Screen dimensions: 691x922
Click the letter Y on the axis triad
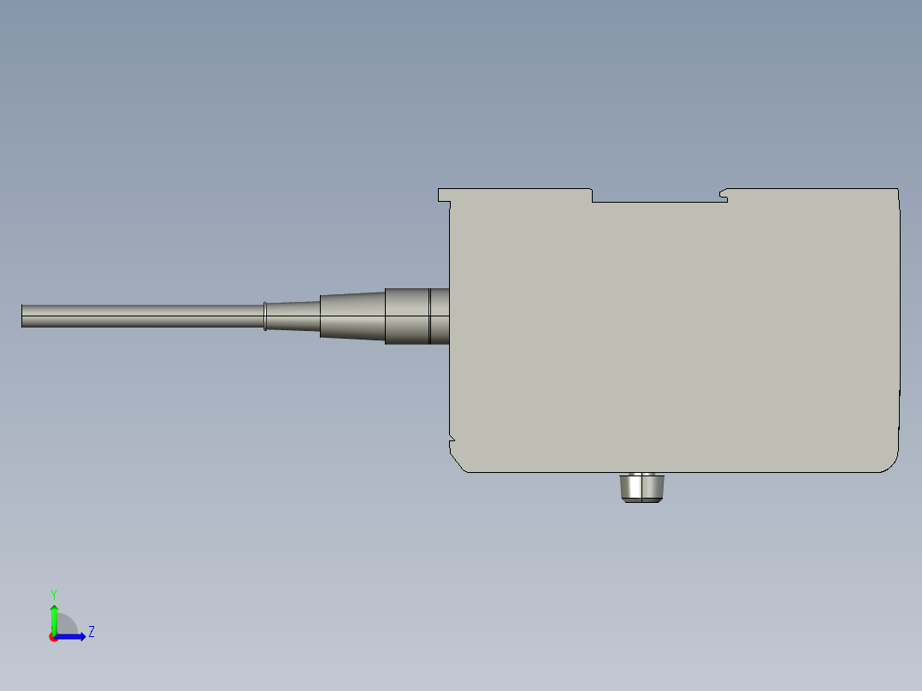tap(53, 593)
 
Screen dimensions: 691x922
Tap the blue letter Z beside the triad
tap(91, 632)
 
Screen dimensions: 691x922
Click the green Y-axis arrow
tap(54, 615)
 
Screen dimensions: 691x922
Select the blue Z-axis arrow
tap(74, 636)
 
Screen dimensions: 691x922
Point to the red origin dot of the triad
tap(53, 637)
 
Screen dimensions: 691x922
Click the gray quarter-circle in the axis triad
tap(67, 625)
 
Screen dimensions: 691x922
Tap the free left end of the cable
tap(24, 316)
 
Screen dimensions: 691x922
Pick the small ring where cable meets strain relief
tap(265, 316)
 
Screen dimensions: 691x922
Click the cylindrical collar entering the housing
tap(406, 316)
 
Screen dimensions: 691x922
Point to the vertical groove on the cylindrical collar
tap(428, 316)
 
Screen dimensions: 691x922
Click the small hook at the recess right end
tap(724, 195)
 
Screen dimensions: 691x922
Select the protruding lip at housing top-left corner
tap(444, 196)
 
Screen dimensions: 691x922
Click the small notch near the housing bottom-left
tap(451, 442)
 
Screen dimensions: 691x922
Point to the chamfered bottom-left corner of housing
tap(458, 464)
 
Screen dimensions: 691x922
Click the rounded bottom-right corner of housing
tap(891, 463)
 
